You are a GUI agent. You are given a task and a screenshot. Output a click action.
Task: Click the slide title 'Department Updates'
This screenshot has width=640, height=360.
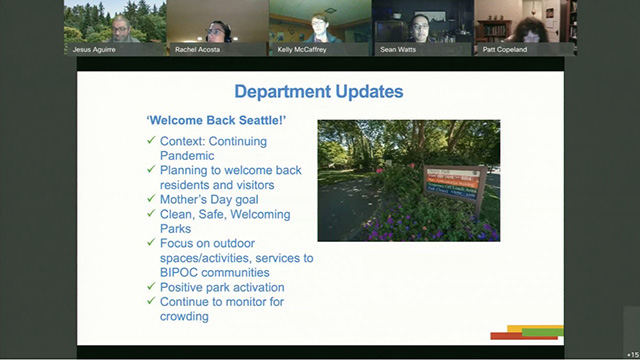point(319,92)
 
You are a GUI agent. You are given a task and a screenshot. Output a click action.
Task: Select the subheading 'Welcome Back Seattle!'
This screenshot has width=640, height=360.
point(209,120)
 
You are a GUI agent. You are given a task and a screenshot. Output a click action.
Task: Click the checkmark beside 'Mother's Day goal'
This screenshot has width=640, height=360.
point(151,199)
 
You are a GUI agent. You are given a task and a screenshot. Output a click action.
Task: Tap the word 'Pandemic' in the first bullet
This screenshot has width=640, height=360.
point(187,156)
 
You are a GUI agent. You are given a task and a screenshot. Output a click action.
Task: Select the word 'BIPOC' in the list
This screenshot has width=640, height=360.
point(179,272)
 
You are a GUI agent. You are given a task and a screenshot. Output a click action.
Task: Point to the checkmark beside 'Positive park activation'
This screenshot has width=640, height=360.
point(151,287)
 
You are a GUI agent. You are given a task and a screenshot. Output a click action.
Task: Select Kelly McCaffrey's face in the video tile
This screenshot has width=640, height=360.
point(319,24)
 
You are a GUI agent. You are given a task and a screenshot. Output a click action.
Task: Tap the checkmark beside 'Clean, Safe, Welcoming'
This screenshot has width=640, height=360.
point(151,214)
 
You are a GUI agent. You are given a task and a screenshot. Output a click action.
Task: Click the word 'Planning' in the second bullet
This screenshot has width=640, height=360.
point(186,171)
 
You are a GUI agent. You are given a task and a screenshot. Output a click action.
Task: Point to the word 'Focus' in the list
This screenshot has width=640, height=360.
point(178,243)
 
